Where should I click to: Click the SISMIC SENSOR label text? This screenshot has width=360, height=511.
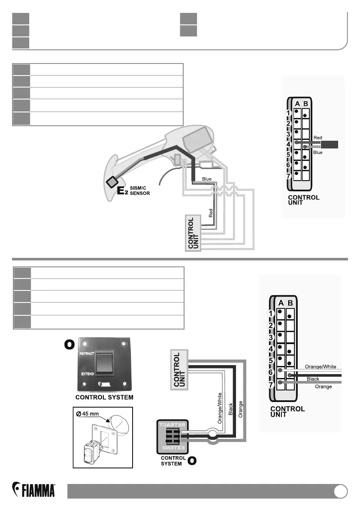[140, 191]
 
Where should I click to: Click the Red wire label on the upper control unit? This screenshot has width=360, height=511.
[318, 138]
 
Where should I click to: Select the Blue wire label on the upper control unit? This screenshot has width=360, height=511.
[318, 152]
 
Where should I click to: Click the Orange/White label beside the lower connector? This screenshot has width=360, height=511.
[320, 366]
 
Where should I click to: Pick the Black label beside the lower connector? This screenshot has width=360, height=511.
[313, 379]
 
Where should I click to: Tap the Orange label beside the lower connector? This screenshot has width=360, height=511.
[323, 387]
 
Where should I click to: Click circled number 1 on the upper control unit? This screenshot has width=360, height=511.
[289, 113]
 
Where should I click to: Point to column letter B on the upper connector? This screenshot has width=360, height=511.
[305, 103]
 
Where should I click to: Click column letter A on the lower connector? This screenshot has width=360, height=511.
[280, 303]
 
